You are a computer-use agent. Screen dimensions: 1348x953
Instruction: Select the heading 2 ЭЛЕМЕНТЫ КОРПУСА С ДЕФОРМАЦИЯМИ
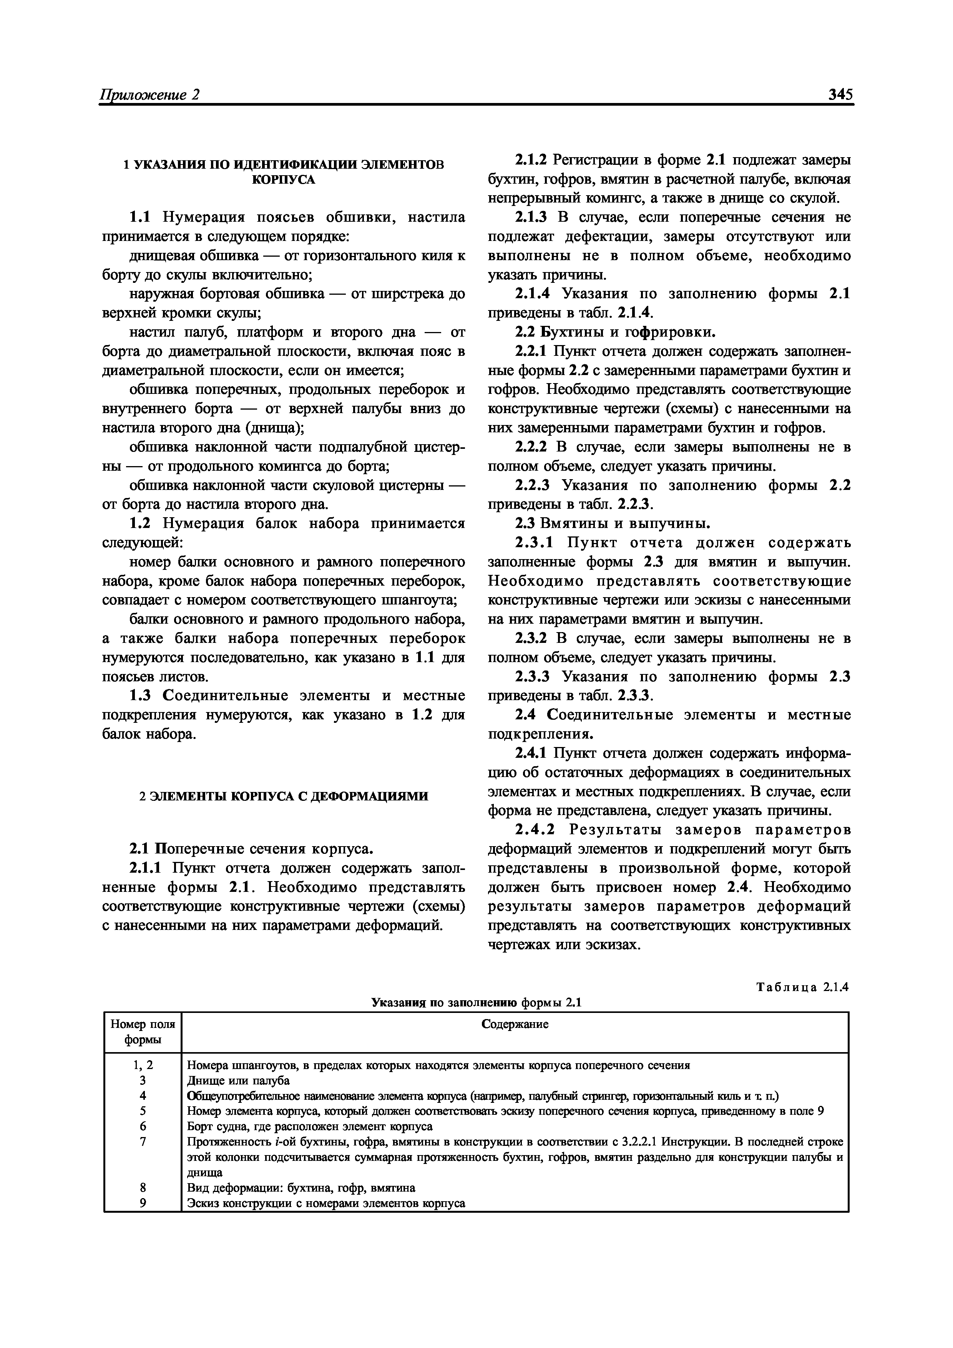[x=284, y=796]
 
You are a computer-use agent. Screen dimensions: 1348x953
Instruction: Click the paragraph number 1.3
[x=140, y=696]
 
